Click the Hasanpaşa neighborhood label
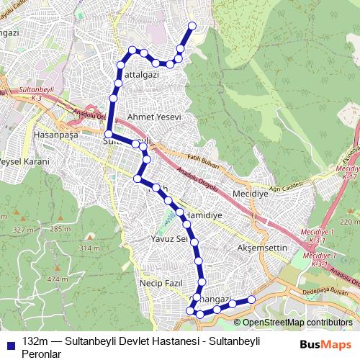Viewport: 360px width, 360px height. click(55, 135)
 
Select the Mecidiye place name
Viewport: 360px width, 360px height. click(250, 194)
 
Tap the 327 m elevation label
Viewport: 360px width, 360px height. click(23, 230)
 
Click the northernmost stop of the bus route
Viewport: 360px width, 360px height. click(192, 26)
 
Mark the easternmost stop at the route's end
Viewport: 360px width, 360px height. click(251, 299)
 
